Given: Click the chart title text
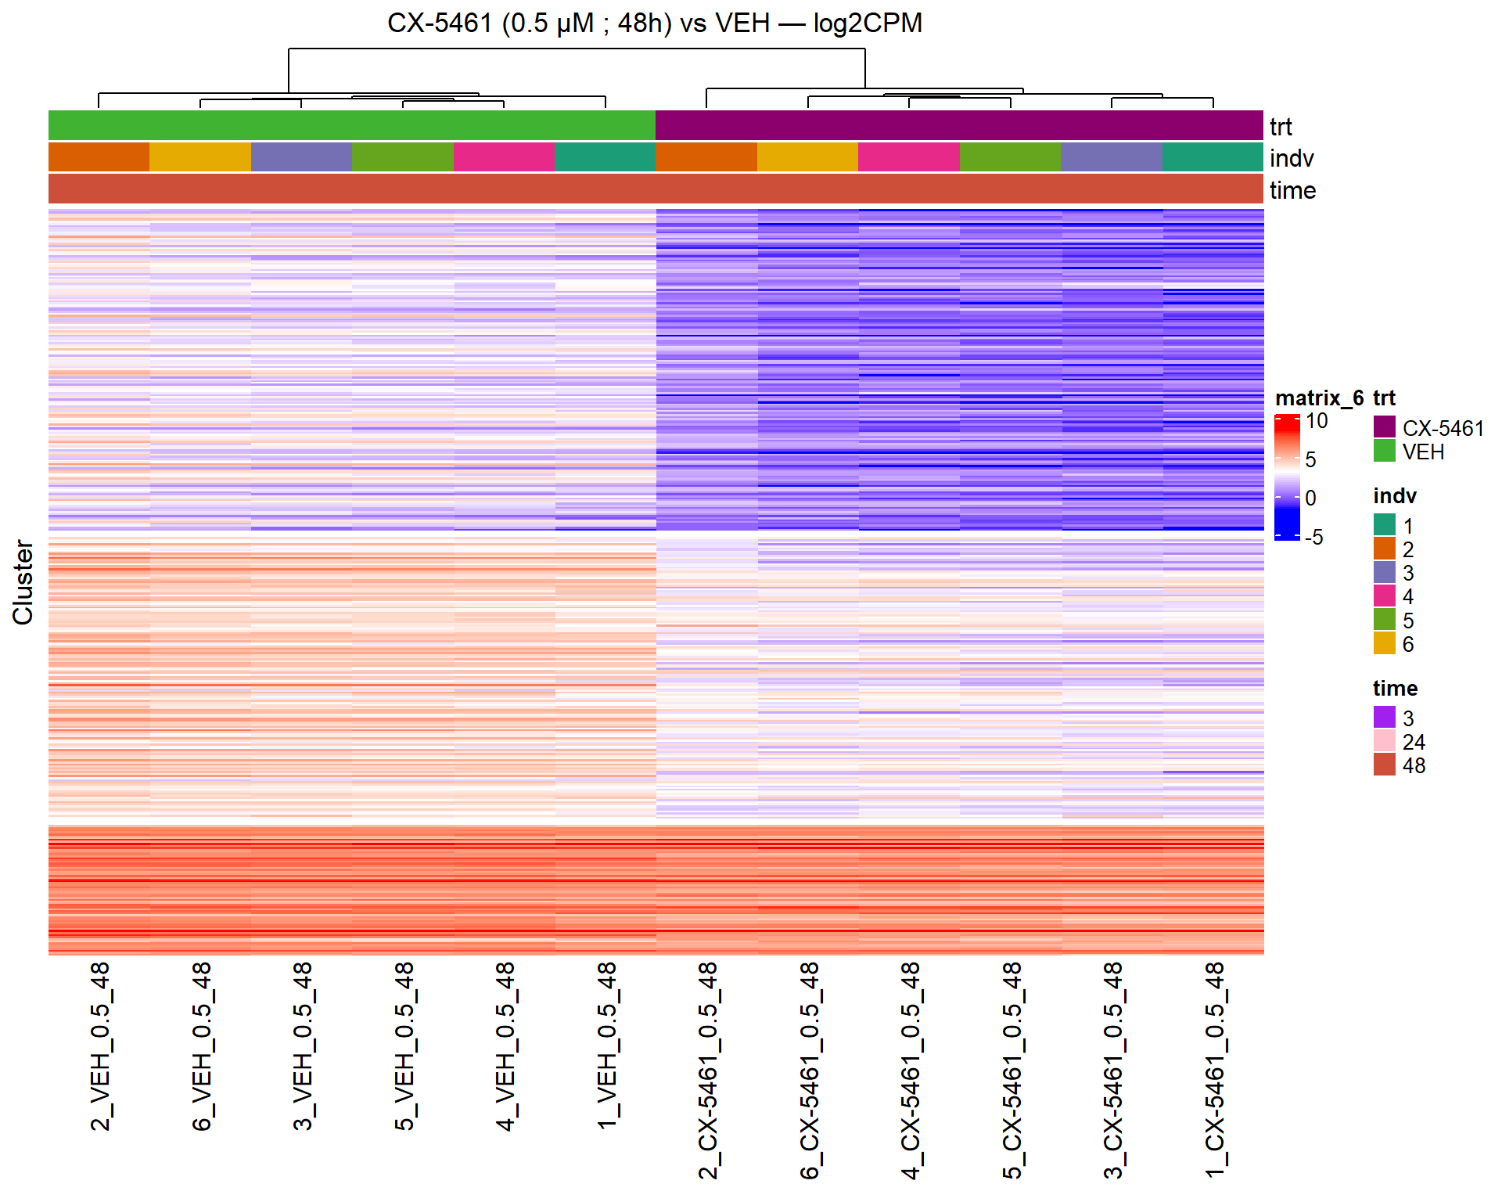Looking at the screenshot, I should coord(654,23).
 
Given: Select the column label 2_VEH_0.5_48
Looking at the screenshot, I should coord(100,1046).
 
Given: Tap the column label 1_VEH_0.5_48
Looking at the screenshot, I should coord(607,1046).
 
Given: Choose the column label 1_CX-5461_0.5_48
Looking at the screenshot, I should coord(1214,1070).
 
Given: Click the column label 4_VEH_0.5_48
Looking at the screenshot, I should coord(505,1046).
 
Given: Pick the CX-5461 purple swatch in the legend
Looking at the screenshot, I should coord(1384,427).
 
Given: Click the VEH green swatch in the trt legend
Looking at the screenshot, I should coord(1384,451).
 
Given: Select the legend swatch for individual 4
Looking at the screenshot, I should coord(1384,596).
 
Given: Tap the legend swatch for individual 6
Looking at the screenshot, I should coord(1384,643).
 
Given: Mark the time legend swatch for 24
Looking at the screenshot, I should coord(1384,741).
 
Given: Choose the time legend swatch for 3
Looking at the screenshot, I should coord(1384,718).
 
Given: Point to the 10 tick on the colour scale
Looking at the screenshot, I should coord(1317,421).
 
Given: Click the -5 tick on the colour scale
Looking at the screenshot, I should coord(1313,538).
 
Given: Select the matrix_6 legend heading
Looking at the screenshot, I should coord(1319,398).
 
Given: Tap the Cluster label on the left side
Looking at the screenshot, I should coord(23,581).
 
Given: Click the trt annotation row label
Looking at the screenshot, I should coord(1281,127).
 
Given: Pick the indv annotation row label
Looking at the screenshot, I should coord(1291,159).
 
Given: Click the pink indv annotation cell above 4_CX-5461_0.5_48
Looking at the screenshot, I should coord(909,157).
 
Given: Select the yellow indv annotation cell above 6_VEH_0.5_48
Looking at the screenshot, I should coord(200,157).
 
